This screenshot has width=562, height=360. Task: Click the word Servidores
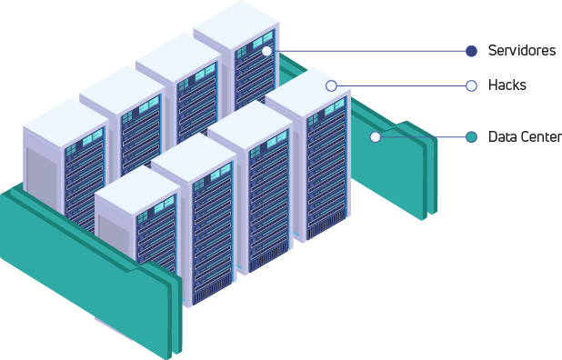pyautogui.click(x=521, y=51)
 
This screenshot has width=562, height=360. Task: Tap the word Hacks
pyautogui.click(x=507, y=85)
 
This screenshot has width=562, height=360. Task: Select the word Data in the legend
pyautogui.click(x=502, y=137)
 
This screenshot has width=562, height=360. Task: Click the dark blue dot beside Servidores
pyautogui.click(x=471, y=51)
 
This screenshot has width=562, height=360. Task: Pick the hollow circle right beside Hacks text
pyautogui.click(x=471, y=85)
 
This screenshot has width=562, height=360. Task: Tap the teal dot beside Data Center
pyautogui.click(x=471, y=137)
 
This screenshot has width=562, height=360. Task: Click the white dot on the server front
pyautogui.click(x=266, y=51)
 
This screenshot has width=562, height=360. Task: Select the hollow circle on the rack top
pyautogui.click(x=331, y=85)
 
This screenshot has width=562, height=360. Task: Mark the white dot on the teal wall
pyautogui.click(x=375, y=137)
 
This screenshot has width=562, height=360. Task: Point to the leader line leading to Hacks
pyautogui.click(x=400, y=85)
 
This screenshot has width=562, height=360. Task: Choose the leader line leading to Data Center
pyautogui.click(x=423, y=137)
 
